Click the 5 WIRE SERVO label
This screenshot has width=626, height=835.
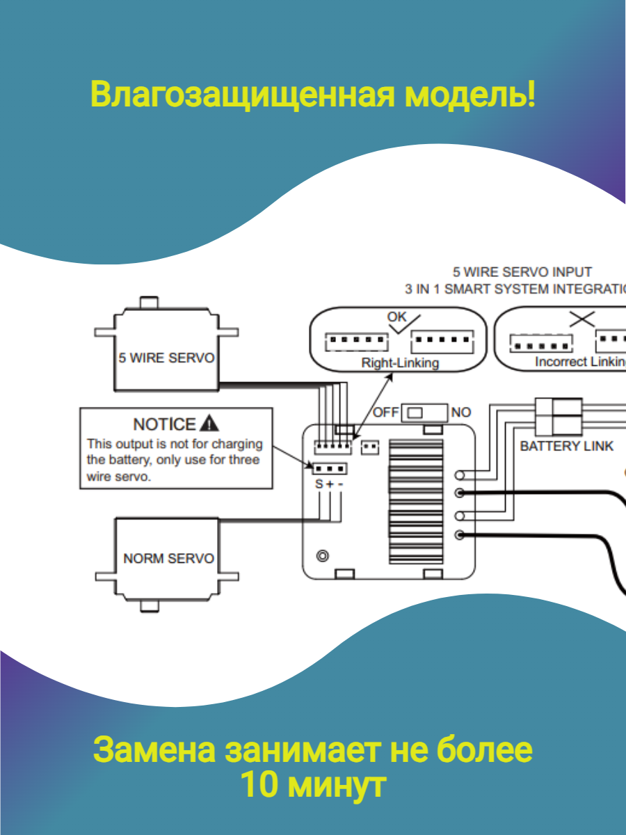click(x=166, y=359)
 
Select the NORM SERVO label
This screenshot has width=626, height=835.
click(x=168, y=559)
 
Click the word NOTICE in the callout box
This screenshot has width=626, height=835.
click(x=164, y=424)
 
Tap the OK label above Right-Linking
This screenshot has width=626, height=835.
click(x=397, y=317)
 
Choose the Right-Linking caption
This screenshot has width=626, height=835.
click(x=400, y=363)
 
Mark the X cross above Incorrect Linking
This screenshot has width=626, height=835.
click(x=581, y=319)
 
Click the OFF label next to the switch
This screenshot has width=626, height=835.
click(x=386, y=412)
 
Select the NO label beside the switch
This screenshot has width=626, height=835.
click(x=461, y=412)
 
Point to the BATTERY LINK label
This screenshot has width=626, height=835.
click(x=567, y=445)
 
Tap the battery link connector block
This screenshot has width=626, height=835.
click(x=558, y=416)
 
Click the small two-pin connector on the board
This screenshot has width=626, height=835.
click(x=371, y=446)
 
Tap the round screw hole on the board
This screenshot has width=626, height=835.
click(x=322, y=556)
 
